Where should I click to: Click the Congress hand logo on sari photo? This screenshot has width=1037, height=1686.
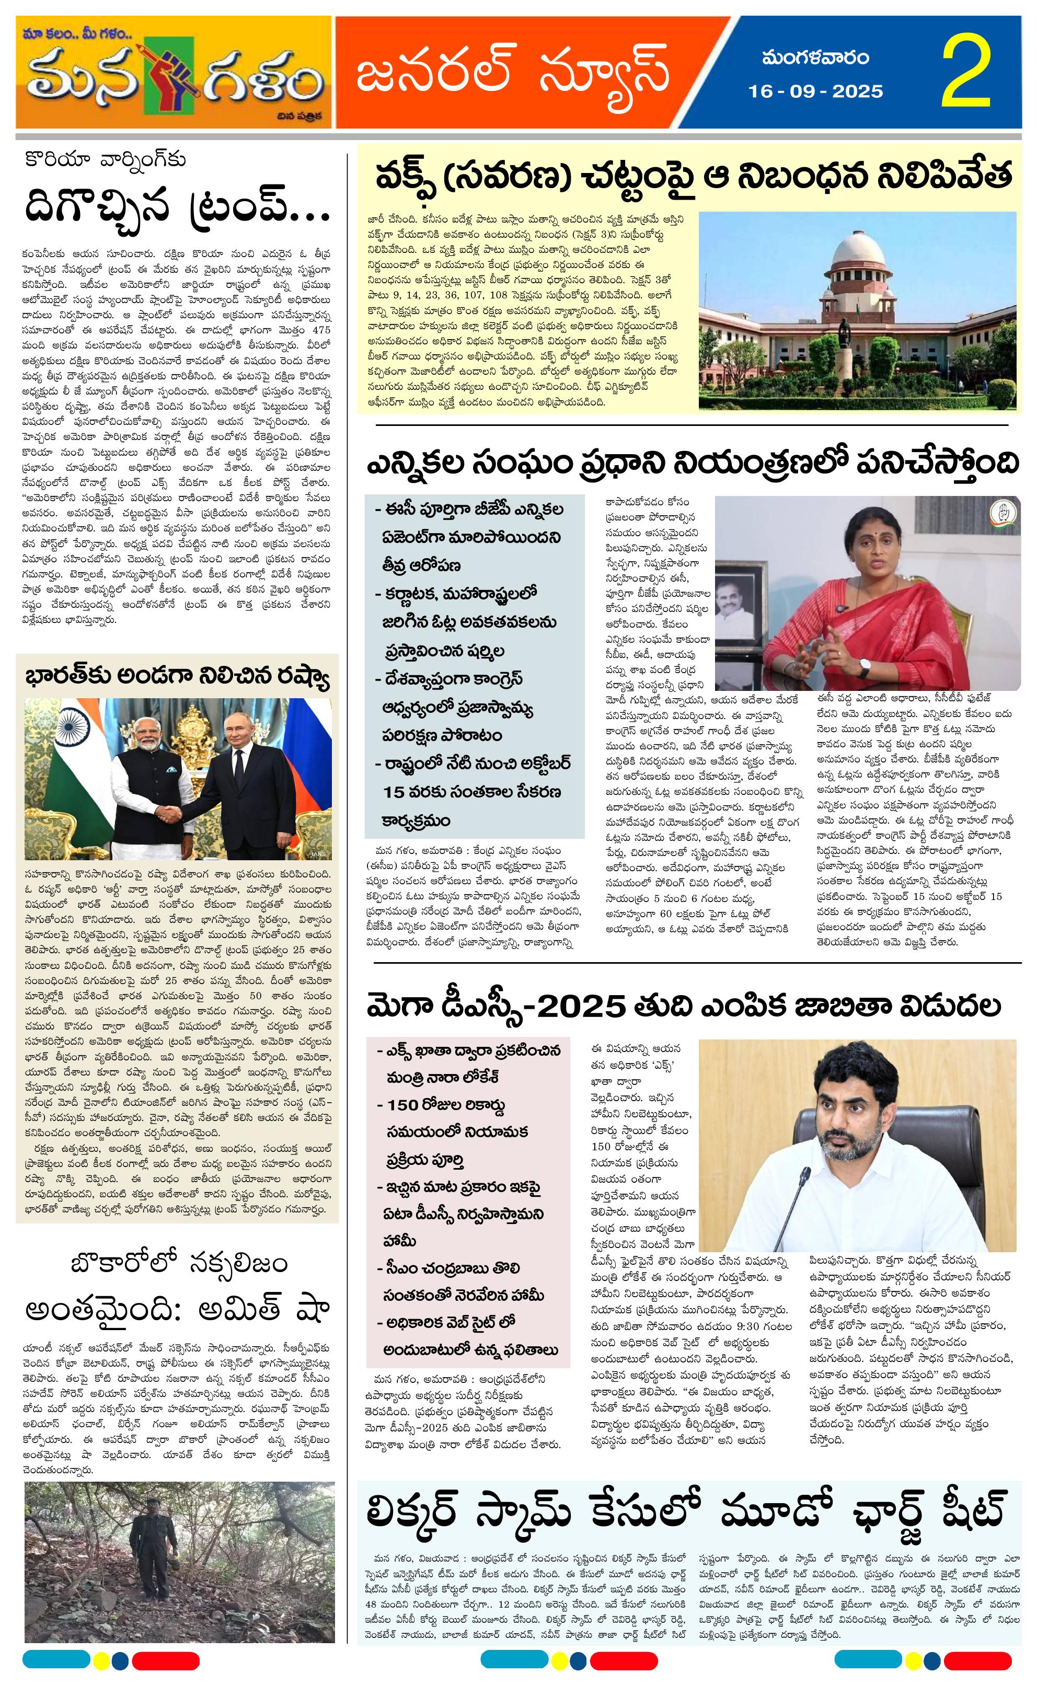coord(1003,514)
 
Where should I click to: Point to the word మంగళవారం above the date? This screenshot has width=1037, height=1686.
coord(815,59)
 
